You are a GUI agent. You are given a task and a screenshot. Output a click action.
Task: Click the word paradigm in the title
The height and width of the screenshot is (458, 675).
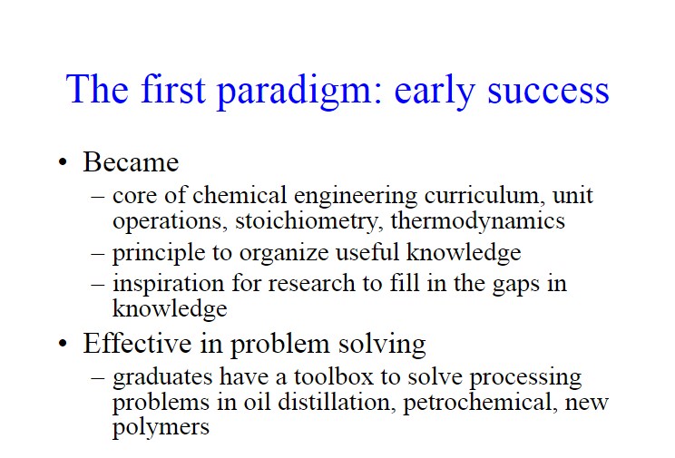(x=299, y=91)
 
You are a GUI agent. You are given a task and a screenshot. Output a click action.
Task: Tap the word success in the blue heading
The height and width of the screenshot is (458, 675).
(x=548, y=92)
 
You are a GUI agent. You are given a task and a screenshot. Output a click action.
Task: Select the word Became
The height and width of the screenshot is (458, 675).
(x=131, y=161)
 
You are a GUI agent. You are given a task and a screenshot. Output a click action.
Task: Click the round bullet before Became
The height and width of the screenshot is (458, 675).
(x=63, y=162)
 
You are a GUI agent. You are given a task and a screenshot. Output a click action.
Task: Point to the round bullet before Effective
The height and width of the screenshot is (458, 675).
(x=63, y=344)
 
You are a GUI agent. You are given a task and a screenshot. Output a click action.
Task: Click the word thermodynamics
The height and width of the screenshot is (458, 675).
(x=478, y=220)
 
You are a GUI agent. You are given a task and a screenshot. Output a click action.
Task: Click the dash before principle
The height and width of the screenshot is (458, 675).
(x=98, y=253)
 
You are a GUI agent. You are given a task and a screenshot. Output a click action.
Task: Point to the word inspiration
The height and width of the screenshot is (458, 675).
(x=169, y=284)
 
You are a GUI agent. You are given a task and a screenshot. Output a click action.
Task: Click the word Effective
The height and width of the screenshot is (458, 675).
(x=137, y=343)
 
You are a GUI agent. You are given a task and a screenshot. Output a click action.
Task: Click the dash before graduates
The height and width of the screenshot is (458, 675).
(x=98, y=377)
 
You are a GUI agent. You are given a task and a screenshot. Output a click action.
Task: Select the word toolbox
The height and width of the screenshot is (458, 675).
(x=334, y=377)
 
